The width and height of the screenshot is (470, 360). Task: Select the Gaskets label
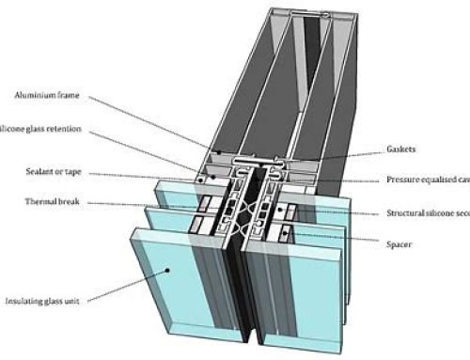403,149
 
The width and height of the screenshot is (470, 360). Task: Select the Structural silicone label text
428,214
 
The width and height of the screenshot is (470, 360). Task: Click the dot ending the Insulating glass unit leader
167,268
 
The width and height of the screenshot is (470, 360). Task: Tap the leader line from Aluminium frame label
150,120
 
